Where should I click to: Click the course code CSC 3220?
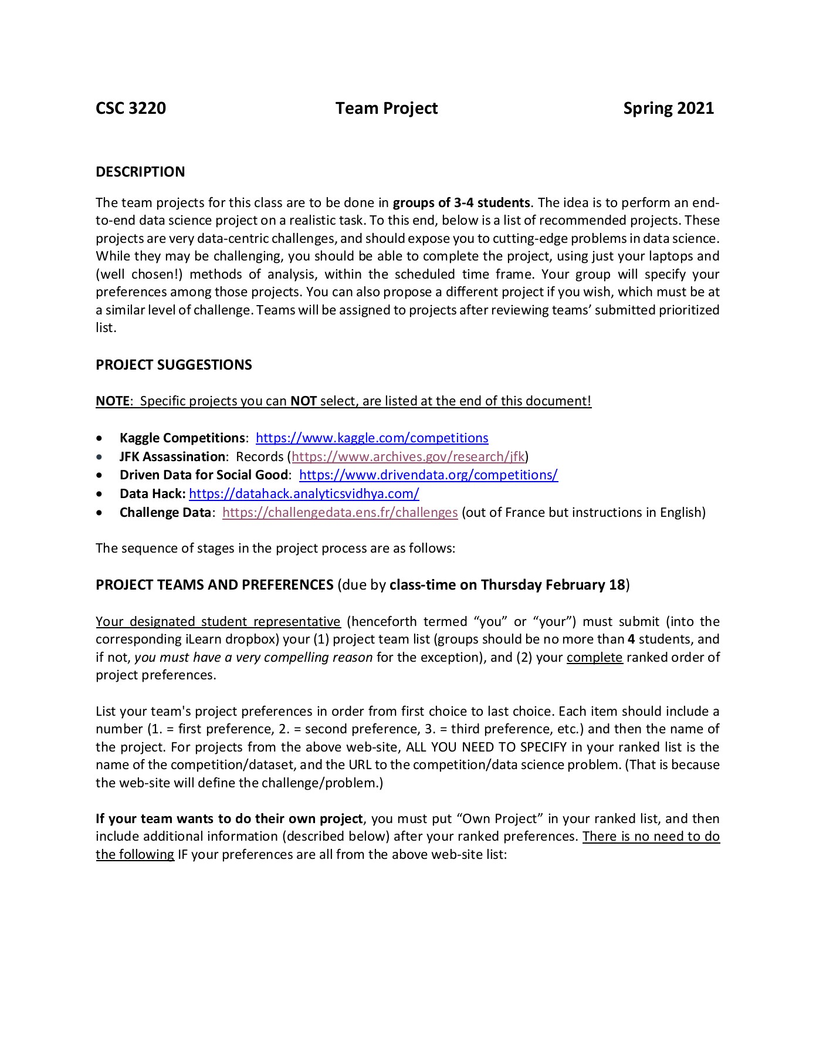click(x=131, y=109)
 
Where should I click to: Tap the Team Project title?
click(x=387, y=109)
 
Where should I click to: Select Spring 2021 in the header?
click(x=668, y=109)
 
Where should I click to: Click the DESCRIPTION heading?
click(x=140, y=172)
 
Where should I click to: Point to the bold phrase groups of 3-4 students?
click(x=461, y=203)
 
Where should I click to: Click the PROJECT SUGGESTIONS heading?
click(x=174, y=365)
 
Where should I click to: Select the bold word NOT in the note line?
click(x=303, y=401)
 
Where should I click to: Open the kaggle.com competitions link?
click(x=372, y=438)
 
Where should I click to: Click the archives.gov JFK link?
click(x=408, y=457)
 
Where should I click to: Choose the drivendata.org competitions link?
click(x=428, y=475)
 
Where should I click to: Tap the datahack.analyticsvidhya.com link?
click(x=304, y=494)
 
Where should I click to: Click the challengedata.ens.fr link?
click(x=340, y=513)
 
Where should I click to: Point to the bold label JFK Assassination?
click(x=172, y=457)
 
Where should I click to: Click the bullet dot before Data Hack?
click(x=101, y=494)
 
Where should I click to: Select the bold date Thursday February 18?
click(x=553, y=585)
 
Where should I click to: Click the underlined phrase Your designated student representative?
click(x=218, y=622)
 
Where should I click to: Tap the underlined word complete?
click(x=594, y=658)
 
